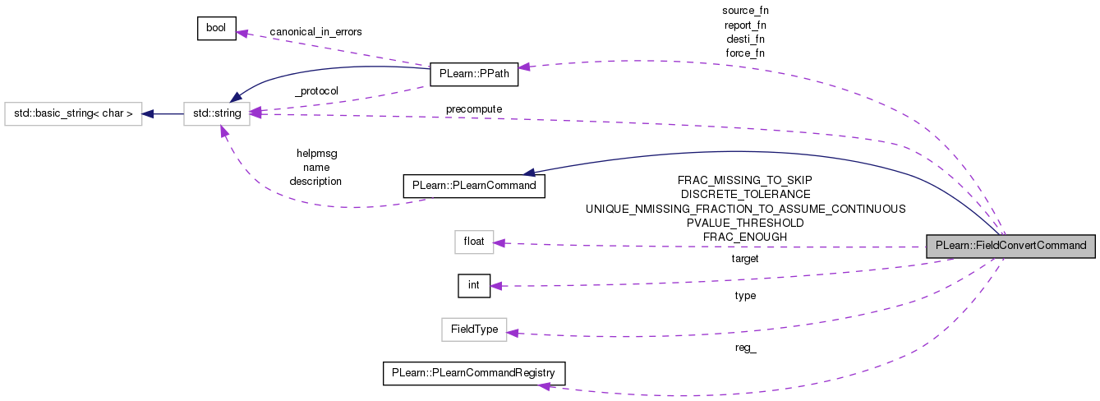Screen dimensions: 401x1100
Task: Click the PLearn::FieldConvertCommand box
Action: click(1010, 246)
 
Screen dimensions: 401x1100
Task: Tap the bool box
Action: click(217, 28)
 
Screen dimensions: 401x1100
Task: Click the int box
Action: click(473, 285)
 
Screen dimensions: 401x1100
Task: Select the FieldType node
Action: click(474, 330)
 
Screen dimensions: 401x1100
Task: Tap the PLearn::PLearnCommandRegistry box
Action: click(473, 373)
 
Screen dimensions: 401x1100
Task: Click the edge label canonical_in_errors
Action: click(315, 32)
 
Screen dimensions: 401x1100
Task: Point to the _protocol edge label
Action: click(315, 90)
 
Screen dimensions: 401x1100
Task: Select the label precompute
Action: click(474, 108)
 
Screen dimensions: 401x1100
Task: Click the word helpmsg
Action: click(316, 153)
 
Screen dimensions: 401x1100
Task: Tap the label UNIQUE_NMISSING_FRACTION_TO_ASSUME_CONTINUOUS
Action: click(745, 209)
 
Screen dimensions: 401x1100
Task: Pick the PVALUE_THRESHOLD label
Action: click(745, 223)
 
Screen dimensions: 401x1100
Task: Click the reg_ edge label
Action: click(745, 347)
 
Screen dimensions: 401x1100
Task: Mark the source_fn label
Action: click(745, 11)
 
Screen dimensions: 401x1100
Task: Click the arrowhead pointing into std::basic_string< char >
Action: click(148, 113)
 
